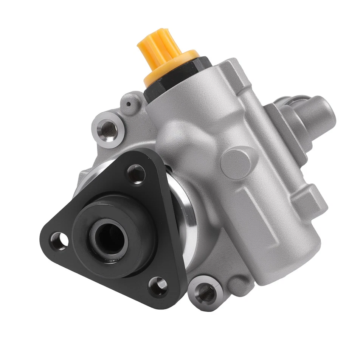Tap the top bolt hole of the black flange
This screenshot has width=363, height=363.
coord(136,174)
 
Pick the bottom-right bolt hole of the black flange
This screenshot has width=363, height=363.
coord(158,285)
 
